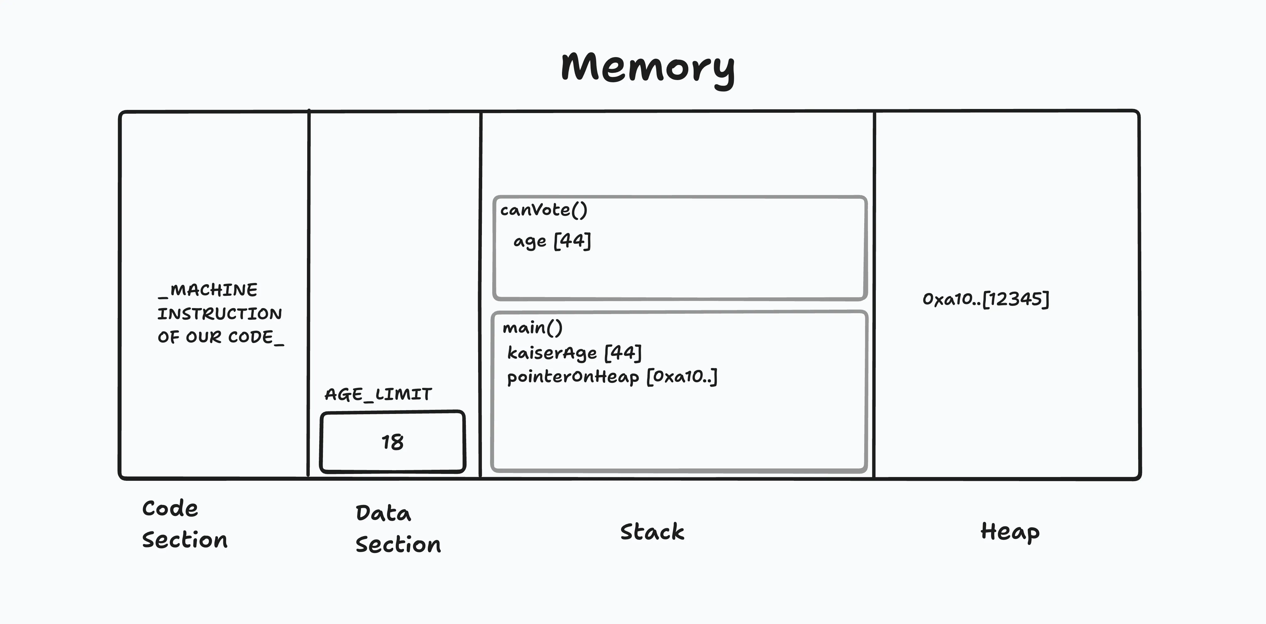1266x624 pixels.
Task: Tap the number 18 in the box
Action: pyautogui.click(x=392, y=442)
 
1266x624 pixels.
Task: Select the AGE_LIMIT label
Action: pyautogui.click(x=378, y=394)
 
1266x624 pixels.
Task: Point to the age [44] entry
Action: pyautogui.click(x=552, y=241)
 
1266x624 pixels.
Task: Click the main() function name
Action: pyautogui.click(x=532, y=327)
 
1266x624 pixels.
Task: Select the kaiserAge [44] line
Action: pyautogui.click(x=574, y=352)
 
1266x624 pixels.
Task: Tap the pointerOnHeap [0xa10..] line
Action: pyautogui.click(x=612, y=377)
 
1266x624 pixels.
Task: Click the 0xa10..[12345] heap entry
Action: pyautogui.click(x=985, y=299)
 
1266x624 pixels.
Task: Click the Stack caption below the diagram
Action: pyautogui.click(x=652, y=532)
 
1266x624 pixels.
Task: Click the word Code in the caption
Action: pyautogui.click(x=170, y=508)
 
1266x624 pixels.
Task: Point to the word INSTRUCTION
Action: pyautogui.click(x=219, y=313)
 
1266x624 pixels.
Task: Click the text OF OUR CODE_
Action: pyautogui.click(x=220, y=337)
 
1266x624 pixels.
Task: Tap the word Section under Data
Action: pyautogui.click(x=398, y=545)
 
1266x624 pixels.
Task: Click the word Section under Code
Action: pyautogui.click(x=185, y=540)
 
